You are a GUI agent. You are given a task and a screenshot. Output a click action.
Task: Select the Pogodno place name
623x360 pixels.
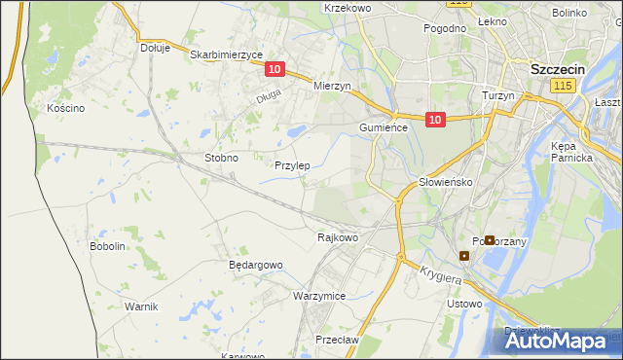(445, 28)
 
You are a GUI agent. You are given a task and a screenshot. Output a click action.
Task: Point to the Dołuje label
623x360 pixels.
(155, 47)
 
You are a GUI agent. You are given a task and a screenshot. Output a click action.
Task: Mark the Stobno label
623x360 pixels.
(221, 157)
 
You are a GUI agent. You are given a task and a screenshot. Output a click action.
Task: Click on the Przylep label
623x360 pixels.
(292, 165)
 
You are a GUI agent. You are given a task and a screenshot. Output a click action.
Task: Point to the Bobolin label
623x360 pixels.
(108, 246)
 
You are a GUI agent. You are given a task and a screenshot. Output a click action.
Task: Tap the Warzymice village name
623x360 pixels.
(319, 295)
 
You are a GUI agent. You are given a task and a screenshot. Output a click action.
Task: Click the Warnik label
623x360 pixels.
(141, 306)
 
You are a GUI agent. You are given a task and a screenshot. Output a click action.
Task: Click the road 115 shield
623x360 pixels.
(561, 88)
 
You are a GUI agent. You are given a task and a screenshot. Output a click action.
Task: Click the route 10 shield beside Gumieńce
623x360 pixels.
(435, 120)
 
